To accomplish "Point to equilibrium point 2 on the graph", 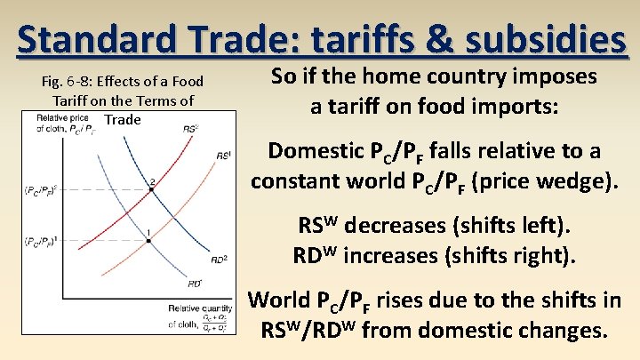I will point(152,189).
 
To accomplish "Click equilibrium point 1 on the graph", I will point(148,240).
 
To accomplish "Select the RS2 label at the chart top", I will point(189,129).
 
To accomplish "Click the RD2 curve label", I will point(219,260).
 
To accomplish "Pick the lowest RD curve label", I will point(194,284).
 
